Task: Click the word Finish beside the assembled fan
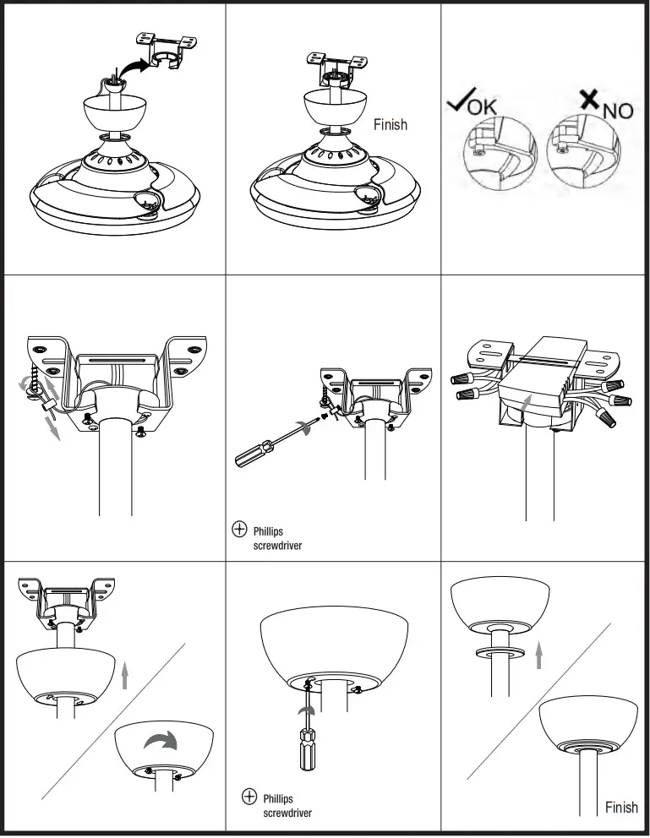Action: click(390, 124)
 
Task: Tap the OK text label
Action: click(483, 108)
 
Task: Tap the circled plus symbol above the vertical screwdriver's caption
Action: click(249, 797)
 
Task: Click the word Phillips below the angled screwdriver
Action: click(268, 531)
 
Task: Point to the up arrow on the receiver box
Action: click(527, 402)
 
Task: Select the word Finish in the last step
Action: click(621, 807)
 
